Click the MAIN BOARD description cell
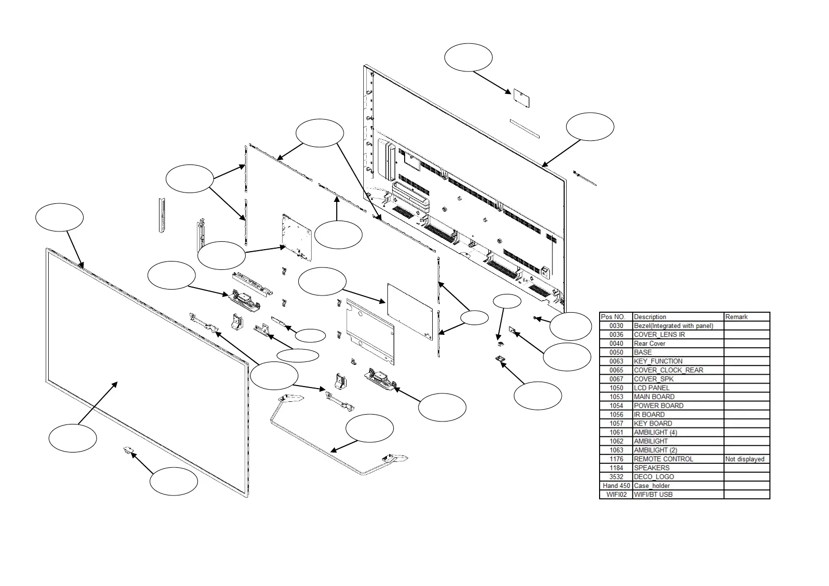coord(654,397)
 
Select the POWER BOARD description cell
coord(658,406)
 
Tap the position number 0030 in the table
coord(616,326)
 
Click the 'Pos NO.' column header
coord(613,317)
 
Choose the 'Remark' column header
coord(736,317)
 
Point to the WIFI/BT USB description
coord(653,494)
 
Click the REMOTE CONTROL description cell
coord(663,459)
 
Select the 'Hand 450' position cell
coord(616,486)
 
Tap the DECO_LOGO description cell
coord(654,477)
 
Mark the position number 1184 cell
coord(616,468)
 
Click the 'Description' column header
coord(650,317)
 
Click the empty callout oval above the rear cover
coord(468,57)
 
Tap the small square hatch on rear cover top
coord(521,98)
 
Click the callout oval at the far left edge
coord(60,217)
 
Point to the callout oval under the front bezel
coord(174,481)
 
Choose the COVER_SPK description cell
coord(653,379)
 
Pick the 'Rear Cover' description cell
coord(649,344)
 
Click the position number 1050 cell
coord(616,388)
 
